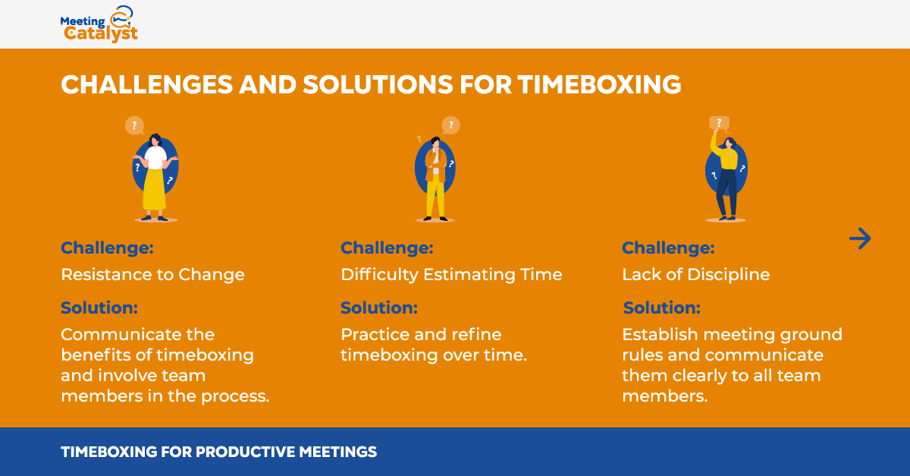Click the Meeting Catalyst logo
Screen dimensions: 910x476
point(99,24)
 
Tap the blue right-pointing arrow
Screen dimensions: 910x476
point(860,238)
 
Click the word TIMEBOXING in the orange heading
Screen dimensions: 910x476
point(600,84)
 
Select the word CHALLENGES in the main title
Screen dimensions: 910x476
point(146,84)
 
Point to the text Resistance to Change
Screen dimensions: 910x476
point(152,275)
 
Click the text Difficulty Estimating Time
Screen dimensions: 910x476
point(451,275)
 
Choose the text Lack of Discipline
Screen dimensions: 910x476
point(696,275)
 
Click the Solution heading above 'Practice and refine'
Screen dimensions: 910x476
point(379,308)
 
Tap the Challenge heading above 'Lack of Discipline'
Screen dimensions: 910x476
point(668,248)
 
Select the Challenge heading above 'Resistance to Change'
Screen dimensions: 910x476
point(107,248)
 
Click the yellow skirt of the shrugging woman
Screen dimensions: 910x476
point(155,189)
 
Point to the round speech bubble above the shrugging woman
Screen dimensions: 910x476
point(134,126)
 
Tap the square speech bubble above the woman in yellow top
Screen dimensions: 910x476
point(719,123)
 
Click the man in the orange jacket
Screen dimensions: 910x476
point(435,179)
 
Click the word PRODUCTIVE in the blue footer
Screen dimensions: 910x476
point(245,452)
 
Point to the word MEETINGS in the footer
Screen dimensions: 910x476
point(338,452)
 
